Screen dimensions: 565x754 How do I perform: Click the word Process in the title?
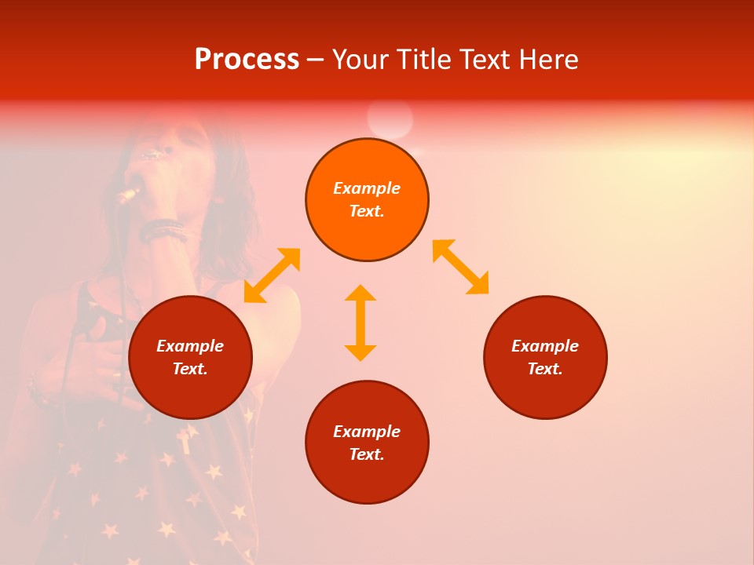pos(247,60)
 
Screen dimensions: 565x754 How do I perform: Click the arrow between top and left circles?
pos(272,275)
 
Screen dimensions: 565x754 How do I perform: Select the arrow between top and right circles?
pos(461,267)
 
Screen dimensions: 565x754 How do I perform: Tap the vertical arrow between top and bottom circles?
pos(361,323)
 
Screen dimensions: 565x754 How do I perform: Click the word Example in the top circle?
pos(367,188)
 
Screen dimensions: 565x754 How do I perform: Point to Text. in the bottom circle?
pos(367,454)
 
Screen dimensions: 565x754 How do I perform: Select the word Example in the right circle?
pos(545,346)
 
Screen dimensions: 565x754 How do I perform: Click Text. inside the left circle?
pos(190,369)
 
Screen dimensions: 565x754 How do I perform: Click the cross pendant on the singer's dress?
pos(185,439)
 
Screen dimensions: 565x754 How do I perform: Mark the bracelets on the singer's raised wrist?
pos(163,230)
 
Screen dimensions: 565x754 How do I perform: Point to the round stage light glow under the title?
pos(390,119)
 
